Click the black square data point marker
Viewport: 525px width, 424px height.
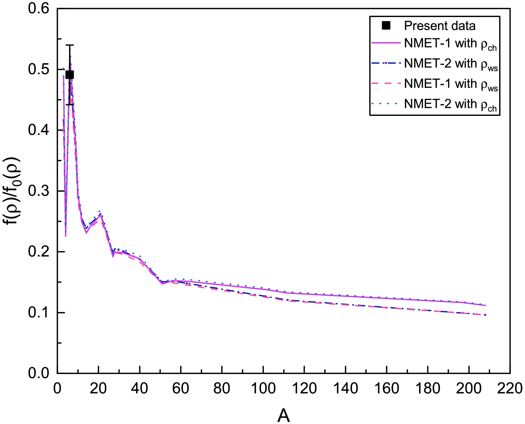click(70, 75)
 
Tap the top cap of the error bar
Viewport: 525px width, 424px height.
click(70, 45)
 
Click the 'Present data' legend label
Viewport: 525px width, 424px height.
click(440, 26)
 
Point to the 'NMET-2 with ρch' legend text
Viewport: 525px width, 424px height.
click(450, 105)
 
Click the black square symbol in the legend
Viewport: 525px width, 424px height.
click(386, 26)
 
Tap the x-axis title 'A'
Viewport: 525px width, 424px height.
click(283, 416)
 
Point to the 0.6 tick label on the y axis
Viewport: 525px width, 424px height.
click(38, 9)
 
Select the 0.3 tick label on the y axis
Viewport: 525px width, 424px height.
click(38, 191)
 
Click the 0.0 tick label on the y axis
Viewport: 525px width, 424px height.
click(38, 373)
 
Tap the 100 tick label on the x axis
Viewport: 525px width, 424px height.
click(263, 388)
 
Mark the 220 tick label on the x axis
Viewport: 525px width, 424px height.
click(510, 388)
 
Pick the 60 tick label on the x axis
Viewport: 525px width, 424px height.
click(181, 388)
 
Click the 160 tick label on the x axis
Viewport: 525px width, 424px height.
click(386, 388)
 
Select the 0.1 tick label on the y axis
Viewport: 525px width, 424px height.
click(38, 312)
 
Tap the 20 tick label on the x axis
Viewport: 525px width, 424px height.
click(98, 388)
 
